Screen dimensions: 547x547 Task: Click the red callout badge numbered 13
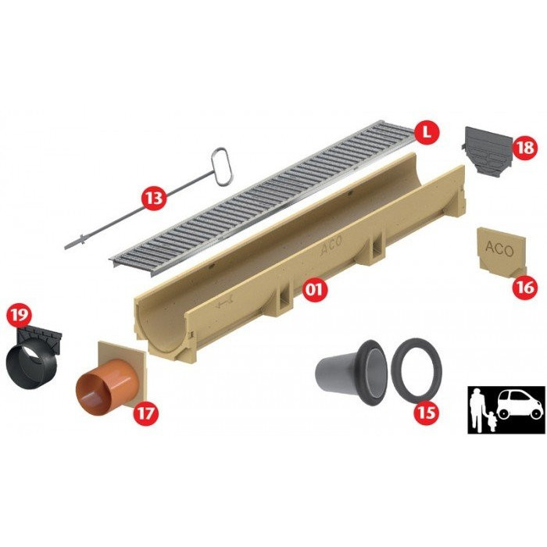tap(154, 198)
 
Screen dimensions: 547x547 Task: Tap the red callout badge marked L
tap(426, 131)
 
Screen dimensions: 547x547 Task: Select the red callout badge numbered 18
tap(525, 147)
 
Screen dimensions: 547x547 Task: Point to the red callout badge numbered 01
tap(315, 288)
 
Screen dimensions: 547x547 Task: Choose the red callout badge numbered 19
tap(20, 314)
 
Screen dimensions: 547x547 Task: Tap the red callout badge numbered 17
tap(145, 413)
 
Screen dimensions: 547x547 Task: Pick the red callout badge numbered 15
tap(427, 413)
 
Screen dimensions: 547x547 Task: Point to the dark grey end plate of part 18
tap(487, 152)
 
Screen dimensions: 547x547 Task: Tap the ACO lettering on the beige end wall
tap(499, 248)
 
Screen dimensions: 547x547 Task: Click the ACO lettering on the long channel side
tap(331, 247)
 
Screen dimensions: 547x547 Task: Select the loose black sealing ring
tap(417, 370)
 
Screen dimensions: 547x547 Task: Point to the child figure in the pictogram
tap(492, 420)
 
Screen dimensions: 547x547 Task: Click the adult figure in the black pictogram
tap(477, 410)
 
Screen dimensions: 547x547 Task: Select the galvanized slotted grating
tap(264, 198)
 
